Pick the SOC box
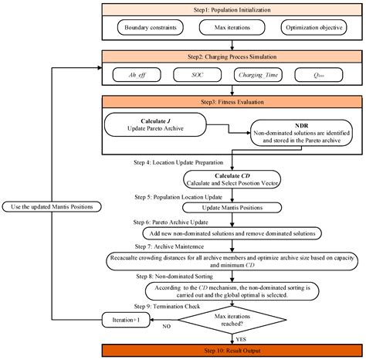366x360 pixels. (x=198, y=76)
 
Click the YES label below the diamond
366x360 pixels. (x=242, y=338)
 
